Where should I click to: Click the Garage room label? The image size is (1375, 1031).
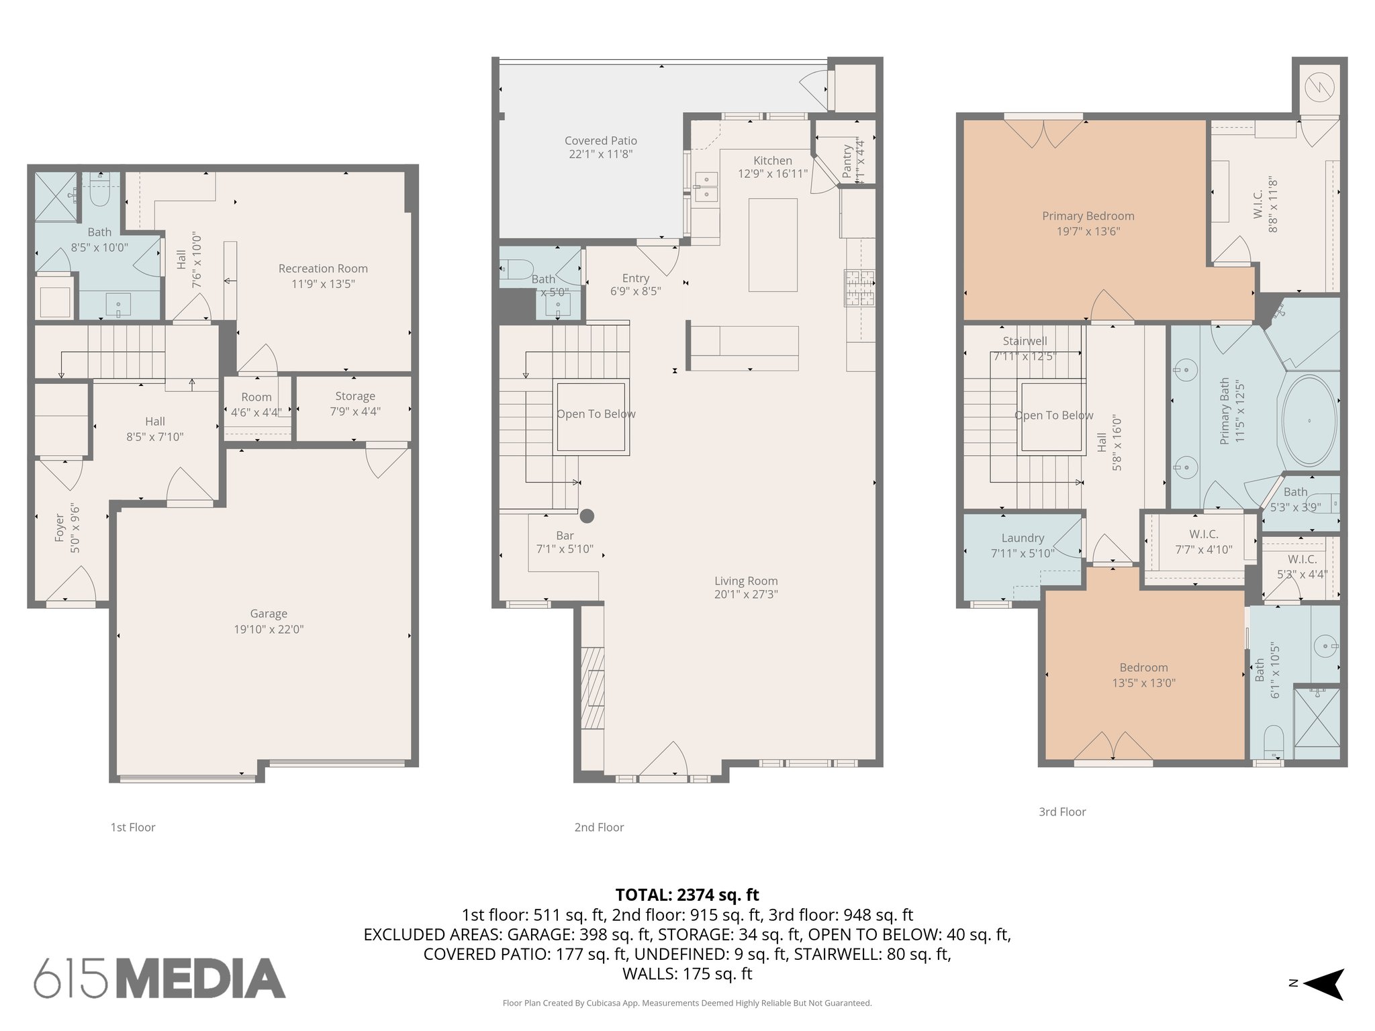pyautogui.click(x=269, y=613)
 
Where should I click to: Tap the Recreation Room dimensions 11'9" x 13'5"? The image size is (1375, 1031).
pyautogui.click(x=323, y=284)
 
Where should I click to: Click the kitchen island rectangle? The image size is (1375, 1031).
pyautogui.click(x=773, y=244)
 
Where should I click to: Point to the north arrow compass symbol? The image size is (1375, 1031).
pyautogui.click(x=1322, y=984)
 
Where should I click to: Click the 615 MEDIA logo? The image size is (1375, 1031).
pyautogui.click(x=160, y=978)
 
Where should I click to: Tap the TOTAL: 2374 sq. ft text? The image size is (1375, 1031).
pyautogui.click(x=687, y=895)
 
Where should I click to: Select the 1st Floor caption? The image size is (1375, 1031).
pyautogui.click(x=133, y=828)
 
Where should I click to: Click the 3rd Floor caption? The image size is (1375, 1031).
pyautogui.click(x=1062, y=812)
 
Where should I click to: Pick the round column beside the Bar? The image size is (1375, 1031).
pyautogui.click(x=587, y=516)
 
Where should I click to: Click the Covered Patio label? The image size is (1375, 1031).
pyautogui.click(x=600, y=141)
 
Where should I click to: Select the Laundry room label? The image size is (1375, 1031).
pyautogui.click(x=1023, y=538)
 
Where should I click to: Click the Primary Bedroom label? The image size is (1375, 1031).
pyautogui.click(x=1088, y=216)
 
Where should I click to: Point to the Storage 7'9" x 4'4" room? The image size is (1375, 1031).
pyautogui.click(x=354, y=403)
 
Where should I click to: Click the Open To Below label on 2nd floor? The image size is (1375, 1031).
pyautogui.click(x=596, y=414)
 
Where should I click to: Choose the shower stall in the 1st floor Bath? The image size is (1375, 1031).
pyautogui.click(x=56, y=197)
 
